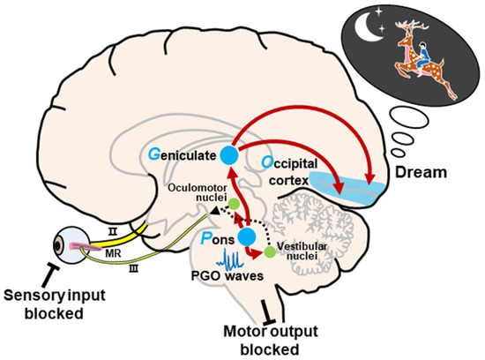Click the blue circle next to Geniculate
[x=229, y=155]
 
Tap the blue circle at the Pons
[x=247, y=236]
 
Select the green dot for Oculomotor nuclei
[x=234, y=205]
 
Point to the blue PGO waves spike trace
[x=233, y=260]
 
